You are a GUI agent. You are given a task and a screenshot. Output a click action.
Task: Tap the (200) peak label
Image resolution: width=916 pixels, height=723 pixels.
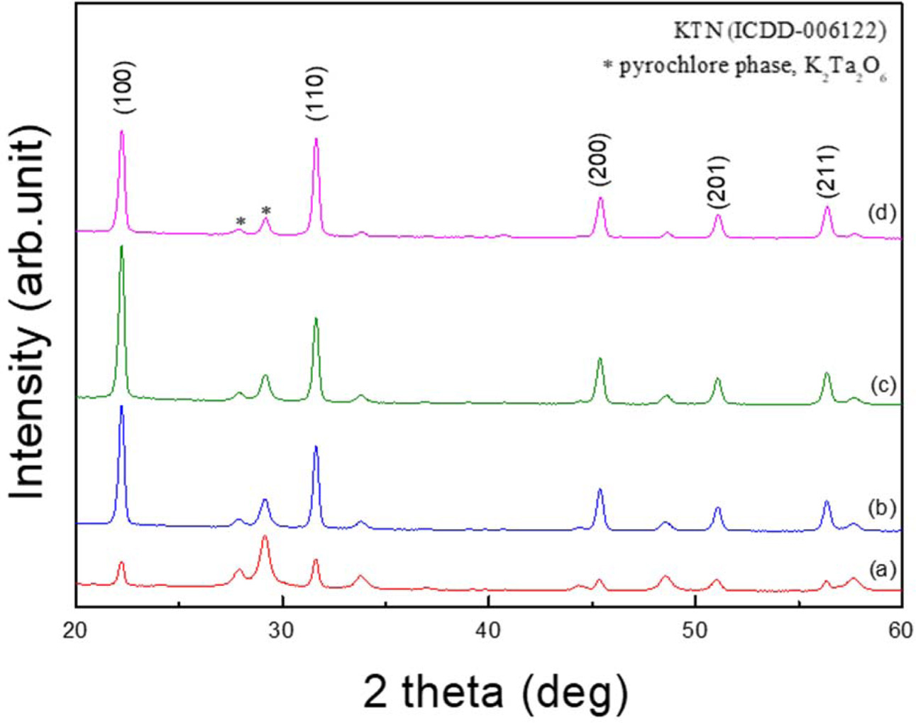(x=600, y=159)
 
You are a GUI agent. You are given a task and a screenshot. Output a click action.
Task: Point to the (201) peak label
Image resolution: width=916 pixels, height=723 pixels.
(x=717, y=183)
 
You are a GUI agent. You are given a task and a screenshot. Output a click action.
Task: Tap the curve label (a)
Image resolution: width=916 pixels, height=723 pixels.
(x=883, y=569)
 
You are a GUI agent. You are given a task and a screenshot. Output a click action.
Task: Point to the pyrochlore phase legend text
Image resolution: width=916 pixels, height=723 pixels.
(x=745, y=67)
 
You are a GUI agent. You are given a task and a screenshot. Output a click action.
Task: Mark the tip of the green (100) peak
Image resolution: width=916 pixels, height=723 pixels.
(x=122, y=246)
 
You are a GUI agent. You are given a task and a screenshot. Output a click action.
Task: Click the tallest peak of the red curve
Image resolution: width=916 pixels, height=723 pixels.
(x=265, y=537)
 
